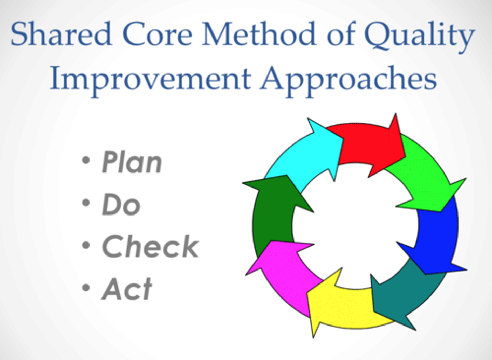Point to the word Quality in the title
tap(419, 36)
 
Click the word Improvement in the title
tap(150, 81)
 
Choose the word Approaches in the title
tap(348, 81)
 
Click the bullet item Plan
tap(132, 162)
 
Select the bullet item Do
tap(121, 204)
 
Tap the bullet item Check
tap(150, 246)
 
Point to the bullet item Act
tap(127, 288)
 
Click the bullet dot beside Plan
tap(86, 160)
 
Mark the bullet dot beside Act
tap(86, 288)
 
